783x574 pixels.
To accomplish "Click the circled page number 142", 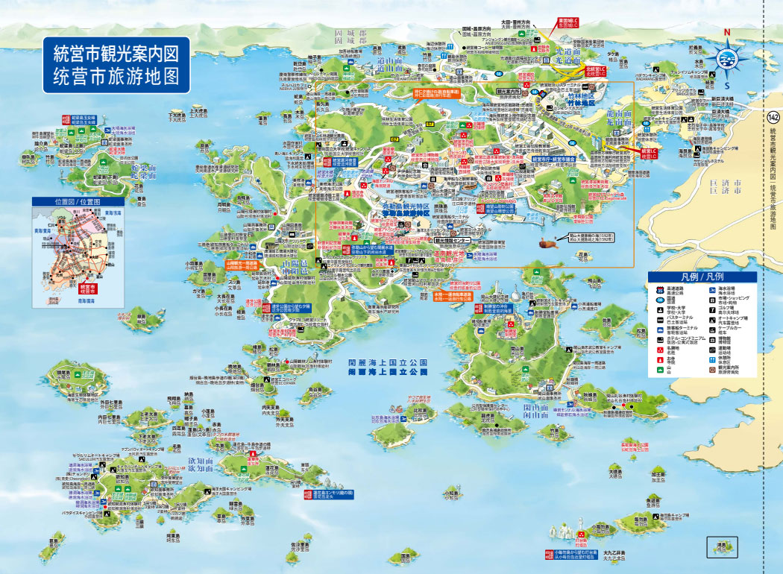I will [x=773, y=117].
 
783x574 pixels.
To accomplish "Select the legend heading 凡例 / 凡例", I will [x=702, y=277].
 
